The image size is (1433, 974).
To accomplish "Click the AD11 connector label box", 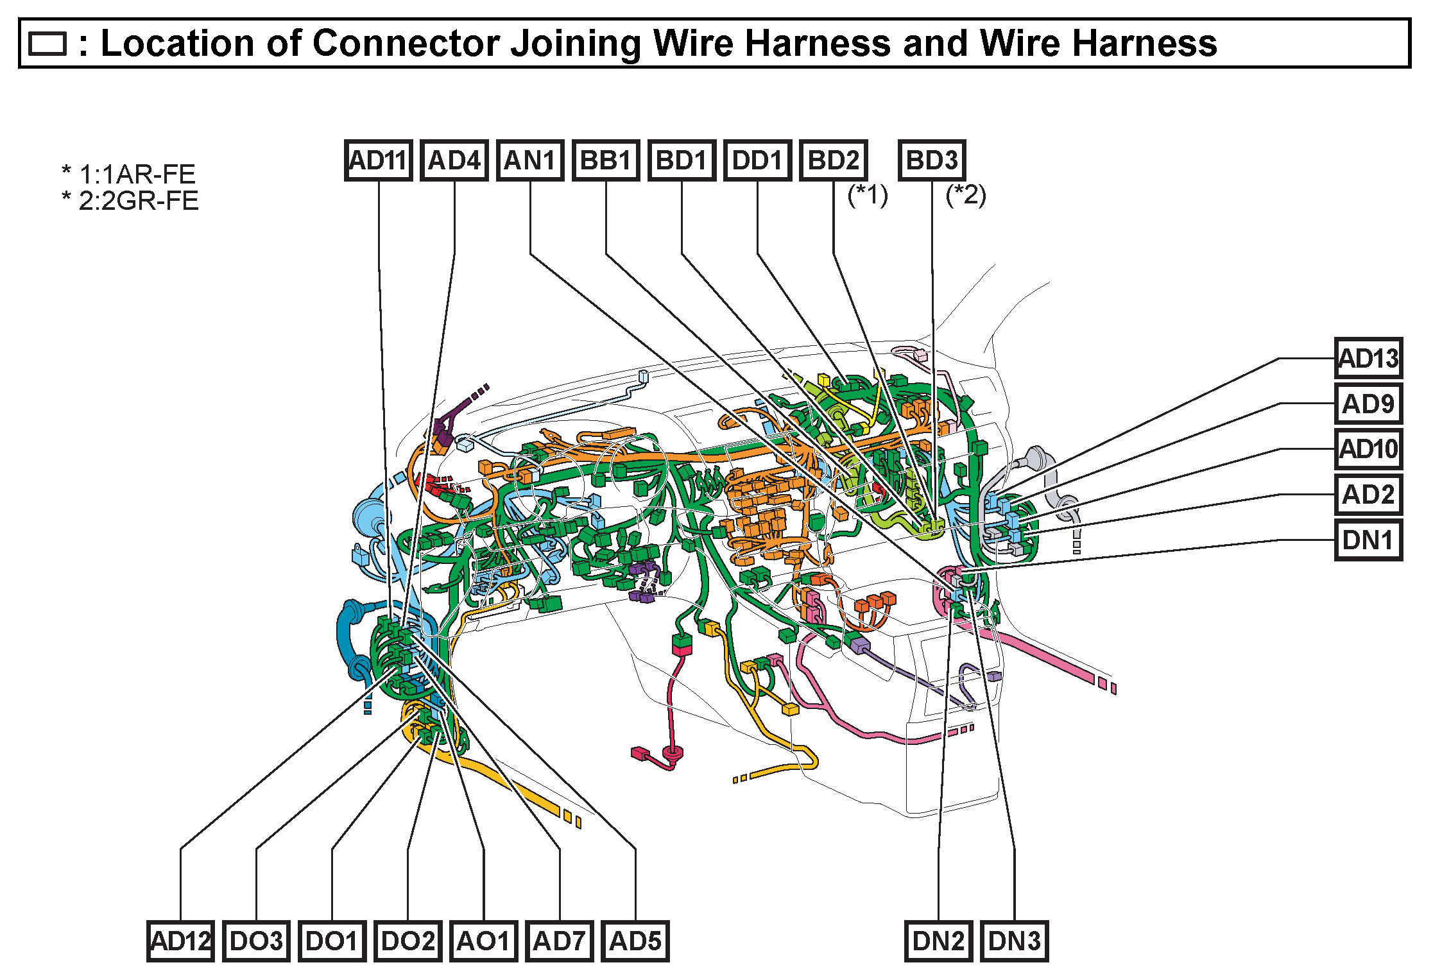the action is [378, 160].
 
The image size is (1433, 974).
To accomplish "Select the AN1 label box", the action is [530, 160].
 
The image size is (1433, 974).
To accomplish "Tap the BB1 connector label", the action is [606, 160].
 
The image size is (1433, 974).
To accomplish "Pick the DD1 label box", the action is [757, 160].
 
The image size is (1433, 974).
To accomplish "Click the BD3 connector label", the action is [932, 160].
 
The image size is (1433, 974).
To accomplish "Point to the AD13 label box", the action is [1368, 358].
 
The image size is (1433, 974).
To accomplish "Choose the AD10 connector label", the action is [1368, 449].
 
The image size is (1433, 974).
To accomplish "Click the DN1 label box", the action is [1368, 540].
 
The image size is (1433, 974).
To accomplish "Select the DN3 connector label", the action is [1015, 941].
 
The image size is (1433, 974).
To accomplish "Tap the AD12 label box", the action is [180, 941].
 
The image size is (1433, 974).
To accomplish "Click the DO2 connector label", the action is [408, 941].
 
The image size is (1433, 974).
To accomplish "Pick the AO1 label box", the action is [484, 941].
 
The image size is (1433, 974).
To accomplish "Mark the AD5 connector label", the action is [635, 941].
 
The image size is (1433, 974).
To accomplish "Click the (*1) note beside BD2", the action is [868, 195].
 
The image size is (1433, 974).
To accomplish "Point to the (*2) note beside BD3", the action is [966, 195].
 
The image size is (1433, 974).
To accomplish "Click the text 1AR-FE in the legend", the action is [154, 175].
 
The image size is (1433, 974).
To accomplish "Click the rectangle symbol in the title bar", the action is [47, 44].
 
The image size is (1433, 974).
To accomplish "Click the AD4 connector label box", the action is [454, 160].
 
